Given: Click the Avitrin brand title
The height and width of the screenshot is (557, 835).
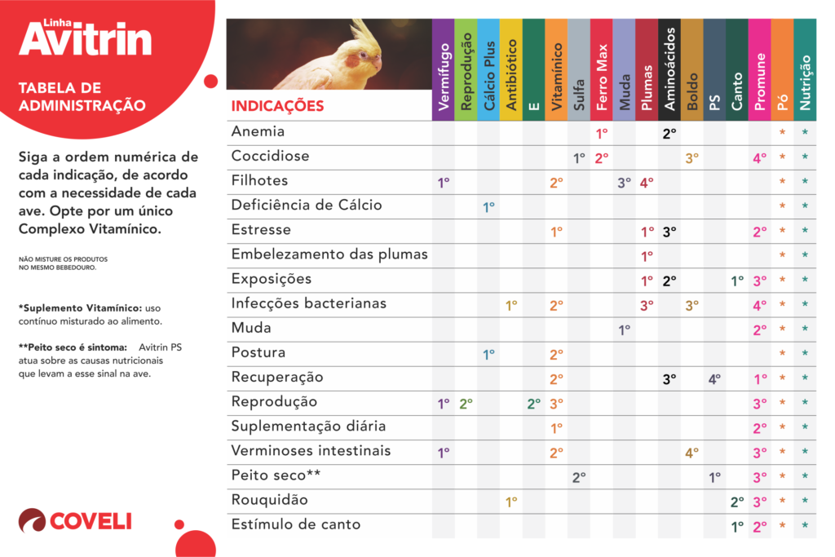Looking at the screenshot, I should click(86, 38).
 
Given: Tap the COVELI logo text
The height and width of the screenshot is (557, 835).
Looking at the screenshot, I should click(90, 521).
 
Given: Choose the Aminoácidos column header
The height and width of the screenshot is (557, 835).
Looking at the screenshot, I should click(669, 69).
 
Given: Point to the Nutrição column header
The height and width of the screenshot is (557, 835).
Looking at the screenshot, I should click(805, 82).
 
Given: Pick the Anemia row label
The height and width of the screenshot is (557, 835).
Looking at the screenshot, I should click(258, 131).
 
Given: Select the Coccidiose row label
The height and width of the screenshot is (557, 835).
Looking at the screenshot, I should click(270, 156).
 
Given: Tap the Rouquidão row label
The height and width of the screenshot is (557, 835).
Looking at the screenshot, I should click(269, 500).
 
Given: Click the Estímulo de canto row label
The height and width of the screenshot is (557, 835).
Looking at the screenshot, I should click(296, 524).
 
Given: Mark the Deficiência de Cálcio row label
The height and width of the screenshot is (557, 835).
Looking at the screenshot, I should click(307, 205).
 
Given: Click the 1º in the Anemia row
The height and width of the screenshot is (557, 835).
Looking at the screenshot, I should click(602, 133).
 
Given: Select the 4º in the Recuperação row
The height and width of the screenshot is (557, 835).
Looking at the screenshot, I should click(714, 378).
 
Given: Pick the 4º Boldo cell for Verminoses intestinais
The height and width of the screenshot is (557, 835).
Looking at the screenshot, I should click(692, 453).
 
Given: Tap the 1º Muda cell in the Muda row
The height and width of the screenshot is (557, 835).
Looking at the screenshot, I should click(625, 329).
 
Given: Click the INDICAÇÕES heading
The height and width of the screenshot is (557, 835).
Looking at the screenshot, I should click(277, 106).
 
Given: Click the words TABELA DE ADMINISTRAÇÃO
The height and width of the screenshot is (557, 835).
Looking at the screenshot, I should click(82, 96).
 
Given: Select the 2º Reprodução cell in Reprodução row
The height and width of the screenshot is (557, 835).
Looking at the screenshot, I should click(466, 403).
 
